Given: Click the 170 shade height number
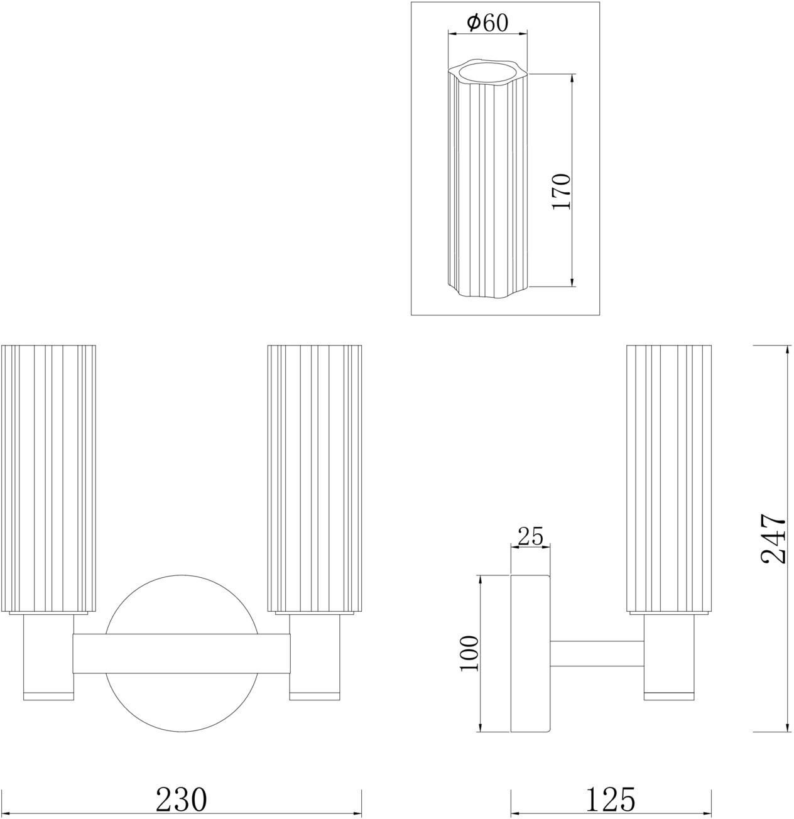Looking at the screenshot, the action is point(561,192).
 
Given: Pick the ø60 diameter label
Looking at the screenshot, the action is point(487,23).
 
